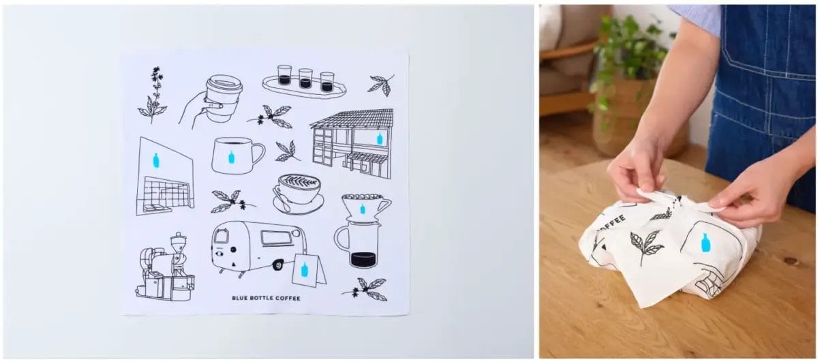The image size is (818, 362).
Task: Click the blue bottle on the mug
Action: point(231,157)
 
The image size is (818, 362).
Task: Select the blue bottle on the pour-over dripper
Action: point(362,209)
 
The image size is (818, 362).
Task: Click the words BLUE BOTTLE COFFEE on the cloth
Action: point(266,298)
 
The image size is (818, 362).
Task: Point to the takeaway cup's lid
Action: point(224,85)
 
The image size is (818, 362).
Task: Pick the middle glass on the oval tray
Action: point(305,78)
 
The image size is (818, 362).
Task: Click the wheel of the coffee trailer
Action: point(277,265)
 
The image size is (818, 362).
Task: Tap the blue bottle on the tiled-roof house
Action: point(380,138)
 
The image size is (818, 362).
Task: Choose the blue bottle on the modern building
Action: point(156,161)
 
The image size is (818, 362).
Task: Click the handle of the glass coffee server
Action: point(339,237)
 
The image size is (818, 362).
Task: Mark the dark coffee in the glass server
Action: point(363,259)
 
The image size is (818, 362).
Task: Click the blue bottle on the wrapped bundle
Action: point(705,243)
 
